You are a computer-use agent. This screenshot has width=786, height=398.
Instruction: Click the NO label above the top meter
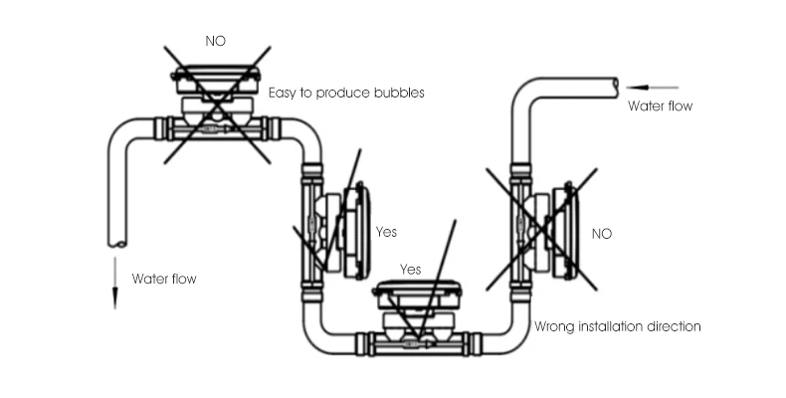pyautogui.click(x=215, y=42)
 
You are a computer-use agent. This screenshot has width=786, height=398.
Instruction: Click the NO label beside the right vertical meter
pyautogui.click(x=602, y=234)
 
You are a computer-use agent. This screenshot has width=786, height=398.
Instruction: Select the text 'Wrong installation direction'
pyautogui.click(x=618, y=325)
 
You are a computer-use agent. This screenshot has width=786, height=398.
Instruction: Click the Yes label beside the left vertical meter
pyautogui.click(x=386, y=232)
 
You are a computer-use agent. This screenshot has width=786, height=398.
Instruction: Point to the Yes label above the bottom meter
pyautogui.click(x=410, y=270)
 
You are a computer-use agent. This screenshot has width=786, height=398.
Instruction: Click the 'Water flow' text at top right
pyautogui.click(x=660, y=105)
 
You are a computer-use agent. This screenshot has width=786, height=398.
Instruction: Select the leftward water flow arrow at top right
pyautogui.click(x=652, y=88)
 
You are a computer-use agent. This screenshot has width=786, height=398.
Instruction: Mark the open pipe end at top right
pyautogui.click(x=616, y=87)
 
